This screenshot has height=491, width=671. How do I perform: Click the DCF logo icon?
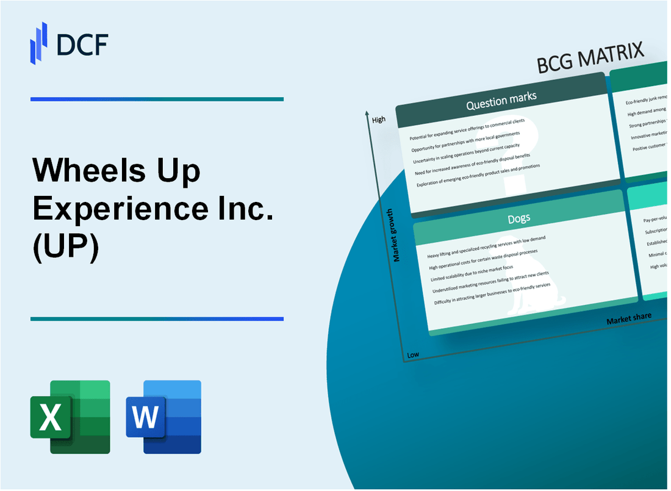tap(38, 43)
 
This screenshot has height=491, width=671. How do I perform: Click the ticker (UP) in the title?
tap(66, 249)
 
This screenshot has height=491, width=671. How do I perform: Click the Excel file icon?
tap(70, 417)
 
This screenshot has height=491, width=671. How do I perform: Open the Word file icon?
tap(163, 417)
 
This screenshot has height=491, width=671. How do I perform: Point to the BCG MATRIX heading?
tap(590, 59)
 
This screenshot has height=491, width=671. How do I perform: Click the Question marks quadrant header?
tap(501, 101)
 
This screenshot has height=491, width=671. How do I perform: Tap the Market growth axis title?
tap(397, 235)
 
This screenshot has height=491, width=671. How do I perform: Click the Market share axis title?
tap(628, 318)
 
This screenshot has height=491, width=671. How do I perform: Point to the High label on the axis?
tap(378, 120)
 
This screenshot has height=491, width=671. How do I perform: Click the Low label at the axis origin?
tap(413, 355)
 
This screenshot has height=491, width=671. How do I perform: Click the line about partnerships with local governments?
tap(465, 142)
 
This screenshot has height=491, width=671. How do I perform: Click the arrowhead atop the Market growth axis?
tap(366, 113)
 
